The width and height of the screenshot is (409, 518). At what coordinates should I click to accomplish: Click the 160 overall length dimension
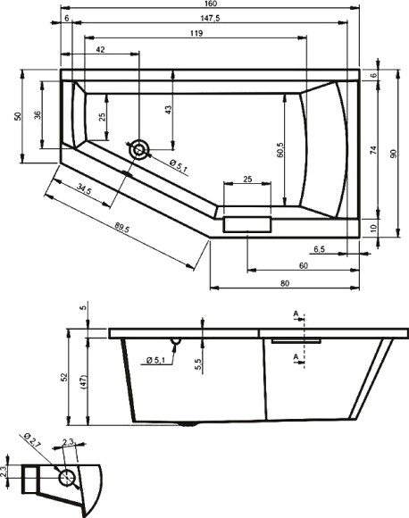[x=211, y=5]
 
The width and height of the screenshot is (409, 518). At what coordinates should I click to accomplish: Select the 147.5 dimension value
[x=211, y=19]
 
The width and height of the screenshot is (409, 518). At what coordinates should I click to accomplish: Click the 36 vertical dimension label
[x=37, y=116]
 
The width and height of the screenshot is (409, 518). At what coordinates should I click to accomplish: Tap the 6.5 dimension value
[x=319, y=248]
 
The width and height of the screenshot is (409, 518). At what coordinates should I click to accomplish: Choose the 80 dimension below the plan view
[x=283, y=284]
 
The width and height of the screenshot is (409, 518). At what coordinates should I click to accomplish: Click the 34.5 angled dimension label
[x=85, y=189]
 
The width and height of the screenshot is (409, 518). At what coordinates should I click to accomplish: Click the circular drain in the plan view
[x=139, y=150]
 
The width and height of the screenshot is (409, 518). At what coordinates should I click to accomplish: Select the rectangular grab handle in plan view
[x=246, y=223]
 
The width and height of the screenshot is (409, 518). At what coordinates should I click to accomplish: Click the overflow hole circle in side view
[x=177, y=341]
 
